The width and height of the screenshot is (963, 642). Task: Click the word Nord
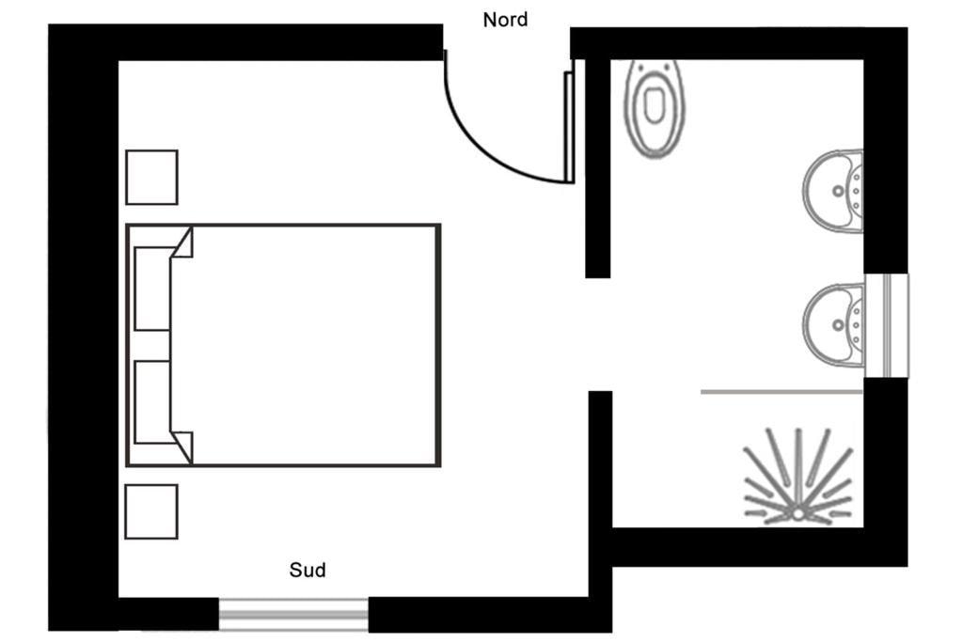click(505, 20)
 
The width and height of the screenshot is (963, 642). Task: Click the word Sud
click(308, 570)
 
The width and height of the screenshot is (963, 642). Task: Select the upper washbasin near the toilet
click(833, 191)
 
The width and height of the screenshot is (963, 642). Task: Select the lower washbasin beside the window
click(833, 324)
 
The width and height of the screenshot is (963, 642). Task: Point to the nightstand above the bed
click(151, 178)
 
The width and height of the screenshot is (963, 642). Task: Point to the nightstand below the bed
click(151, 512)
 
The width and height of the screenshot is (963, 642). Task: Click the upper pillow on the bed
click(152, 289)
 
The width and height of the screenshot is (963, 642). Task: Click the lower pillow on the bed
click(152, 402)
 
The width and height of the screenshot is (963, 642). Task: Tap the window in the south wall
click(293, 615)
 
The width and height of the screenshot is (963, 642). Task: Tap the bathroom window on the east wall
click(886, 325)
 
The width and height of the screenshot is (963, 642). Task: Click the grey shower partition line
click(781, 392)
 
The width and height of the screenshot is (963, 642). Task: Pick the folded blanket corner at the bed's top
click(183, 243)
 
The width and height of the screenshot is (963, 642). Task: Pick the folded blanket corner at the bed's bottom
click(183, 446)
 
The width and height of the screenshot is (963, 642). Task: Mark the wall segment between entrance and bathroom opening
click(597, 168)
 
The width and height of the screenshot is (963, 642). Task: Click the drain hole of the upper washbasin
click(838, 191)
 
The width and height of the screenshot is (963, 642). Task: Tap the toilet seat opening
click(654, 103)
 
